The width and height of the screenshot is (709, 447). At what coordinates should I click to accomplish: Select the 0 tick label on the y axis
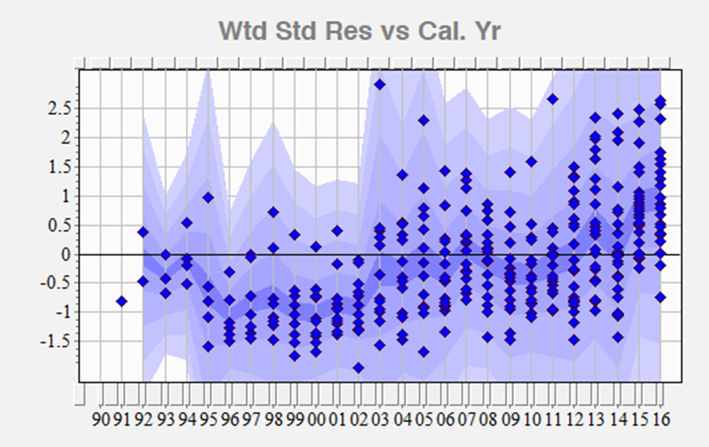coord(65,255)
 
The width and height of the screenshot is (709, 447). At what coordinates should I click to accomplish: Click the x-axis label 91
coord(122,420)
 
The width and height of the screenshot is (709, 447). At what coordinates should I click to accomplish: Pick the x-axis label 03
coord(380,420)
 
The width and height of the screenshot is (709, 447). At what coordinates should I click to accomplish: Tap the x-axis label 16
coord(660,420)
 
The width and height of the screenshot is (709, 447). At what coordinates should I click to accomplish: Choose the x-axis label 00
coord(316,420)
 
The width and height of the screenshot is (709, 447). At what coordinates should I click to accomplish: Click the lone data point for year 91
coord(122,302)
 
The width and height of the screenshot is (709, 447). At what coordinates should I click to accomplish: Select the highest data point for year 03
coord(380,85)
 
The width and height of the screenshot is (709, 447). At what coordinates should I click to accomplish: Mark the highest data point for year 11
coord(552,99)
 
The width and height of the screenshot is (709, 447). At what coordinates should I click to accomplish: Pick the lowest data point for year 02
coord(359,368)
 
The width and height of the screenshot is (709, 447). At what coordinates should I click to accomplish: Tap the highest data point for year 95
coord(208,197)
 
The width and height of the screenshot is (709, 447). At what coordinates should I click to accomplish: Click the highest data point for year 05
coord(423,120)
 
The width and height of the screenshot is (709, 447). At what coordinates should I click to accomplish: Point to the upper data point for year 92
coord(143,232)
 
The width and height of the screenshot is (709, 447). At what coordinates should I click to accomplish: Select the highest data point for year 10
coord(531,162)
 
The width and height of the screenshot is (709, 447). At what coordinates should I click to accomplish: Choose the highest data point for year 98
coord(273,212)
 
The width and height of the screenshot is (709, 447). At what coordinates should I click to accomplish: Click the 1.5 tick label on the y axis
coord(59,167)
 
